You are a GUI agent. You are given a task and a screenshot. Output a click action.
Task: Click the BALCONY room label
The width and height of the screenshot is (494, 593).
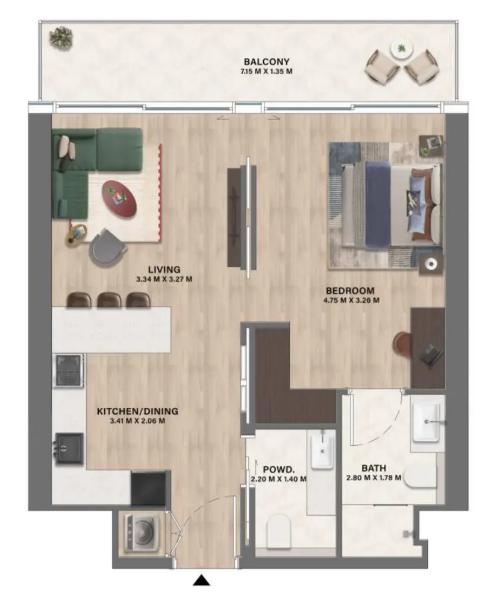pyautogui.click(x=266, y=62)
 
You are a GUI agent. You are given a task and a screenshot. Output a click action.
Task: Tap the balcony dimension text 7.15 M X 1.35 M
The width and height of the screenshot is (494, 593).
pyautogui.click(x=266, y=72)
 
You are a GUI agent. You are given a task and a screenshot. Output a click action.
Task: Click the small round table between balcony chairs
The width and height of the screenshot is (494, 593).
pyautogui.click(x=401, y=49)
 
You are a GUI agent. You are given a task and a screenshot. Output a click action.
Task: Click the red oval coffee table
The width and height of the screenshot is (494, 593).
pyautogui.click(x=119, y=197)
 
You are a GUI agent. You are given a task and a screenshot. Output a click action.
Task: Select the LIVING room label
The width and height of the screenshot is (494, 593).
pyautogui.click(x=164, y=269)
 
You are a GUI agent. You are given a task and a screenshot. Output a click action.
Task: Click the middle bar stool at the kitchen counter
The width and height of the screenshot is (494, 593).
pyautogui.click(x=109, y=300)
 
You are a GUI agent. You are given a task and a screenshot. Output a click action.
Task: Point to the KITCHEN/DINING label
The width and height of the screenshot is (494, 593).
pyautogui.click(x=137, y=411)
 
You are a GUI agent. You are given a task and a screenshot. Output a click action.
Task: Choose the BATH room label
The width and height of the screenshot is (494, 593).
pyautogui.click(x=374, y=468)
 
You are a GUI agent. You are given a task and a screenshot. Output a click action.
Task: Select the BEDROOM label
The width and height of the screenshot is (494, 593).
pyautogui.click(x=350, y=290)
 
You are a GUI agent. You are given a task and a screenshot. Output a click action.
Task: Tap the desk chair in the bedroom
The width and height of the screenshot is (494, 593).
pyautogui.click(x=402, y=344)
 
